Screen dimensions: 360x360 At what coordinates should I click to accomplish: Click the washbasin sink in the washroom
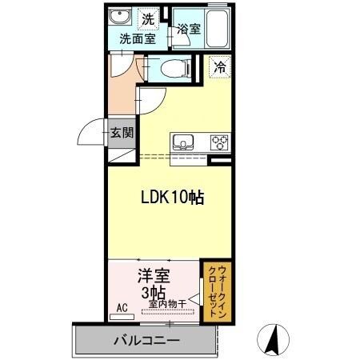coord(121,18)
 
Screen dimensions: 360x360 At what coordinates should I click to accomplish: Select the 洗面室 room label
coord(138,37)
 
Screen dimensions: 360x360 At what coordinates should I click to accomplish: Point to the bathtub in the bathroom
coord(217,28)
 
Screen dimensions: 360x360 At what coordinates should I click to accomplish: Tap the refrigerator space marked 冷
coord(218,68)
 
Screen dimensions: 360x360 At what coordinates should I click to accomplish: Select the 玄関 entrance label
coord(122,133)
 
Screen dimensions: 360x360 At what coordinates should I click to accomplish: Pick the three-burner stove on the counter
coord(218,143)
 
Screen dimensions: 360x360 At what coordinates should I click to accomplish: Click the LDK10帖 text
coord(172,198)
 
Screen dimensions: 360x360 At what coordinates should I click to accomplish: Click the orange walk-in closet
coord(214,292)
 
